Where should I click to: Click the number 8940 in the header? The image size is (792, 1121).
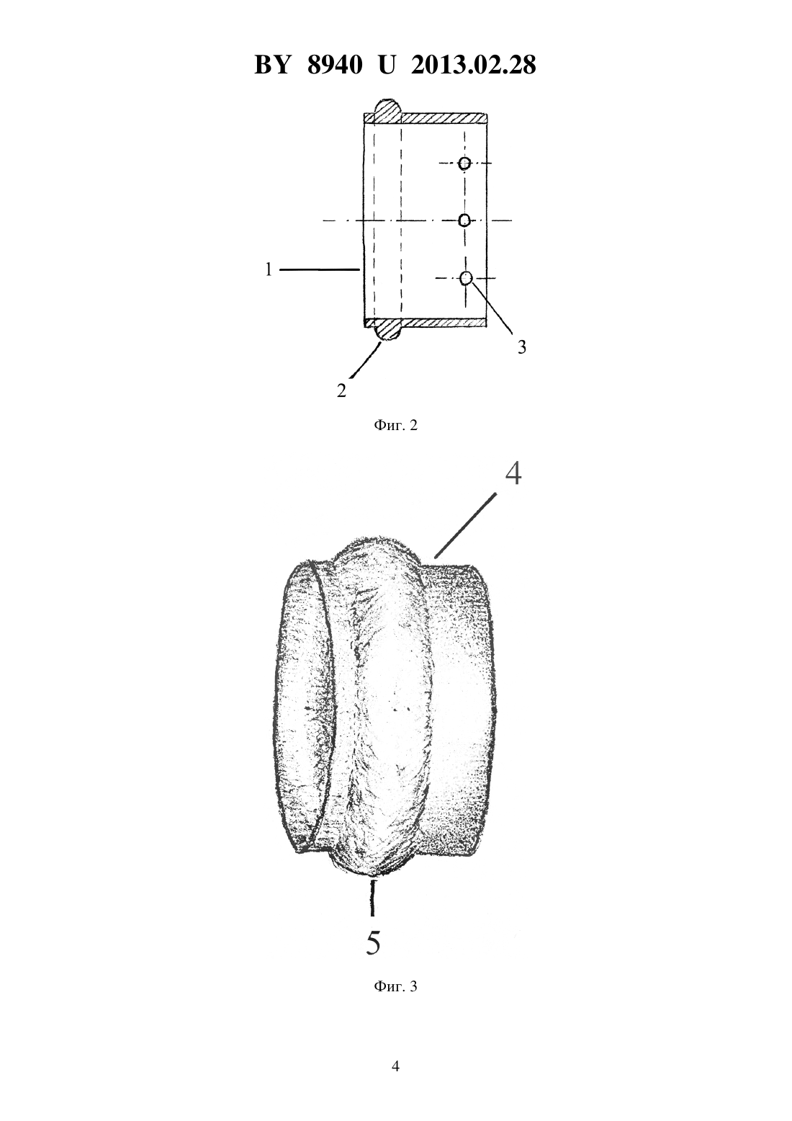click(x=334, y=65)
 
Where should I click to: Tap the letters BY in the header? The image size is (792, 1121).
click(x=272, y=65)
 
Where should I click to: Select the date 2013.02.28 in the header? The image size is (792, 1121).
click(x=474, y=65)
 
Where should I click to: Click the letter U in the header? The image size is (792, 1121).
click(x=387, y=65)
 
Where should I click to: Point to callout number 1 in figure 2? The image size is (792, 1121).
click(x=269, y=269)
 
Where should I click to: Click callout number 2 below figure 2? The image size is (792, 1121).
click(x=341, y=390)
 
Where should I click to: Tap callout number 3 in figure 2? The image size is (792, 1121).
click(x=521, y=347)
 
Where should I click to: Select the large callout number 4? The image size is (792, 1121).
click(x=513, y=473)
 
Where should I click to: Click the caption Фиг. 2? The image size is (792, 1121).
click(x=395, y=425)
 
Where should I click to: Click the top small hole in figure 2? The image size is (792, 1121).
click(x=465, y=163)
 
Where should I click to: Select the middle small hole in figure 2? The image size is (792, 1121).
click(x=464, y=220)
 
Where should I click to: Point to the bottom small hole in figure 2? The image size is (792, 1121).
click(x=466, y=278)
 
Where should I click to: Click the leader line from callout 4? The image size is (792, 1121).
click(x=466, y=525)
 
